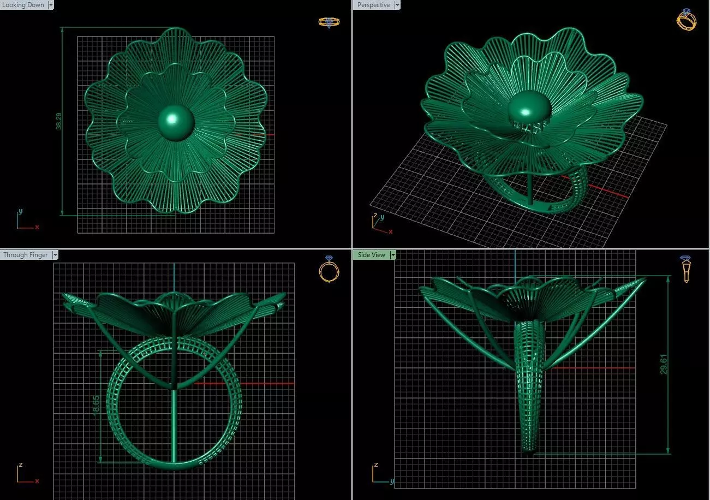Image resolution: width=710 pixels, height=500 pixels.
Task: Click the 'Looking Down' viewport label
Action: [x=23, y=5]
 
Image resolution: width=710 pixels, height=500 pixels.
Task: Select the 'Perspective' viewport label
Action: [x=374, y=5]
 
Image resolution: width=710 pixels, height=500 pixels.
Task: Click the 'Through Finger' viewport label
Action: [x=26, y=255]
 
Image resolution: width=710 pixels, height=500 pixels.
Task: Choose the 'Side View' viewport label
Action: [x=371, y=255]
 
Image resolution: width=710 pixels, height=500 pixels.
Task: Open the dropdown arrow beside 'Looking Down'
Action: [x=51, y=5]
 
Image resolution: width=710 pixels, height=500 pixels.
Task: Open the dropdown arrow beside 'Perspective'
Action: [x=397, y=5]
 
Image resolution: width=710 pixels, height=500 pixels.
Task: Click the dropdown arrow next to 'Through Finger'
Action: [x=55, y=255]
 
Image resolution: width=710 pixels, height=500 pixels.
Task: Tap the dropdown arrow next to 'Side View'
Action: [x=393, y=255]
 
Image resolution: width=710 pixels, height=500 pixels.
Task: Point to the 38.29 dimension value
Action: [x=59, y=121]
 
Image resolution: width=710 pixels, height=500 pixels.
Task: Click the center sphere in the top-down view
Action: [x=176, y=122]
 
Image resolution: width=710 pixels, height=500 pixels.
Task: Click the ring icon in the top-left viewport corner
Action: [x=329, y=22]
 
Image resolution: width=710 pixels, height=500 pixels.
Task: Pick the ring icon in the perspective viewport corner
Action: [x=686, y=19]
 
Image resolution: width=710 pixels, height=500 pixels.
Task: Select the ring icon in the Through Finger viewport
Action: [x=329, y=269]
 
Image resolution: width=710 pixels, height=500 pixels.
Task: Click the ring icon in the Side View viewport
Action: [x=685, y=269]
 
